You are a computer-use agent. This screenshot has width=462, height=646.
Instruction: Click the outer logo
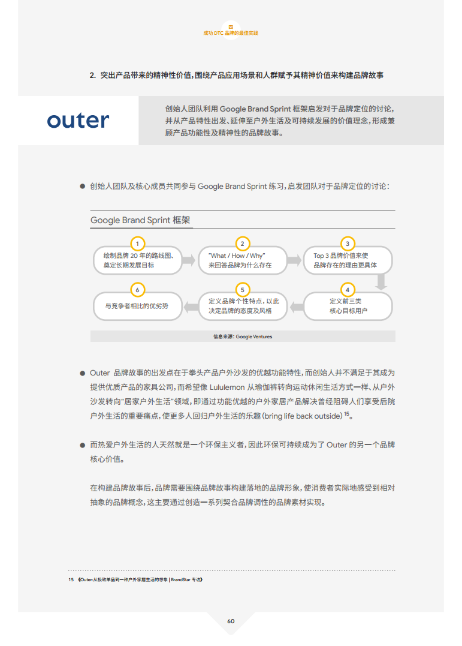pos(78,121)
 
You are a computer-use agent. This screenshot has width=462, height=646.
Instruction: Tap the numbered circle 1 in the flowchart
pos(138,244)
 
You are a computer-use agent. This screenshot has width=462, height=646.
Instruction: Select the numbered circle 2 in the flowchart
pos(243,244)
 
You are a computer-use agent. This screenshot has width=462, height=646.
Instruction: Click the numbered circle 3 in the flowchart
pos(348,244)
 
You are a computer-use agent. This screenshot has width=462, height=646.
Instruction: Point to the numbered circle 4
pos(348,290)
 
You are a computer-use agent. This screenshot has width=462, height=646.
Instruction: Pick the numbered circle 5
pos(243,290)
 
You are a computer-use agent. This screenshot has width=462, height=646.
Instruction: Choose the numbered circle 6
pos(138,290)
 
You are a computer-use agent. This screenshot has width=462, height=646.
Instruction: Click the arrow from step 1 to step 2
pos(189,260)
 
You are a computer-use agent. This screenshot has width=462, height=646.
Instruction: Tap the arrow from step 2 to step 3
pos(294,260)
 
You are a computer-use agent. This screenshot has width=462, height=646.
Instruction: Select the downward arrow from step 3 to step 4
pos(381,282)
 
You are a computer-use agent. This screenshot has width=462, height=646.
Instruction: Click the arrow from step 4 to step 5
pos(297,307)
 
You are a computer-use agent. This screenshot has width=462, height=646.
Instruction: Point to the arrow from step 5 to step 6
pos(191,307)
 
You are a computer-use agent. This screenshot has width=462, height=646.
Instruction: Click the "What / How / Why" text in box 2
pos(237,256)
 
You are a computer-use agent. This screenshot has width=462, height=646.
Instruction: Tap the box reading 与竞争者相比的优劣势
pos(138,306)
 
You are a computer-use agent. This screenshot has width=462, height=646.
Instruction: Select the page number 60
pos(231,621)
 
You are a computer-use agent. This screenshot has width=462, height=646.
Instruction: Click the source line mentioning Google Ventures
pos(243,336)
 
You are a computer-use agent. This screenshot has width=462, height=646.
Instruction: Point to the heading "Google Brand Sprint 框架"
pos(140,220)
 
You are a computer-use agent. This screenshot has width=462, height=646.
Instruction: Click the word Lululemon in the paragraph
pos(227,387)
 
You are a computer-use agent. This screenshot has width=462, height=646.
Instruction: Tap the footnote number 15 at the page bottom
pos(71,579)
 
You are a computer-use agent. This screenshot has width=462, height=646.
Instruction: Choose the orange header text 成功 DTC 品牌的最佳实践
pos(231,33)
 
